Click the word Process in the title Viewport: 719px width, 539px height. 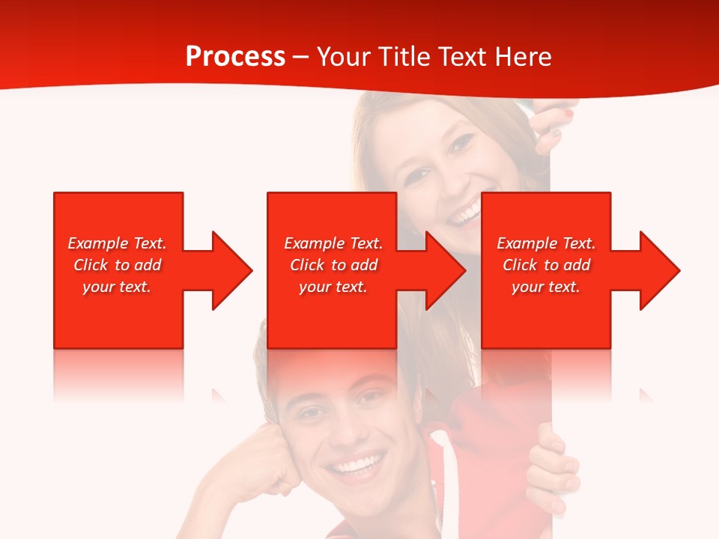235,57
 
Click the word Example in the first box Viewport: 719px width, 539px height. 98,243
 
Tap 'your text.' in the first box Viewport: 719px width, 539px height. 117,287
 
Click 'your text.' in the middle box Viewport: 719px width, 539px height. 333,287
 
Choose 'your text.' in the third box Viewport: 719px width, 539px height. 546,287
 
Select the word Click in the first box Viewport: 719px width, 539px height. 91,265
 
